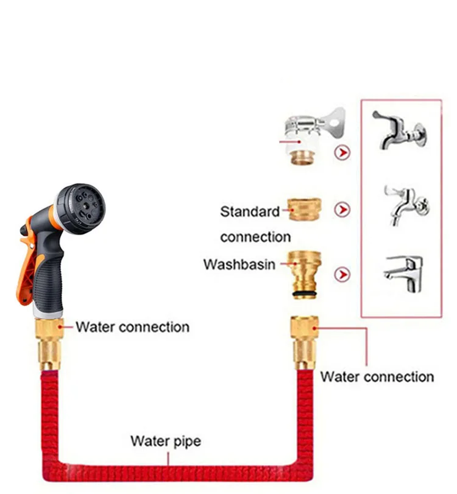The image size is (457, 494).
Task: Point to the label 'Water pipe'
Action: [166, 440]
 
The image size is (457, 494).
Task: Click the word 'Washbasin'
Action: [239, 265]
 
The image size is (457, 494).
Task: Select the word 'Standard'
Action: [250, 212]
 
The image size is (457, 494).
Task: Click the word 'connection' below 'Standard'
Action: [255, 236]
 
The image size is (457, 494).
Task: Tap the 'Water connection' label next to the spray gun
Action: [132, 326]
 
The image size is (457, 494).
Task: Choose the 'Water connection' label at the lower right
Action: [377, 376]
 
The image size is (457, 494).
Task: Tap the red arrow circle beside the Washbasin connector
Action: [343, 275]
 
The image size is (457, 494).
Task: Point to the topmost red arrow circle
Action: [343, 152]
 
